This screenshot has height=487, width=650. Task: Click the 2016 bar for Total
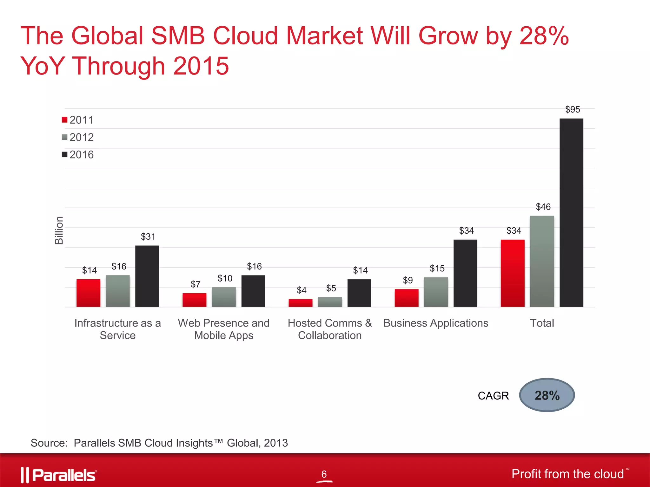pos(571,212)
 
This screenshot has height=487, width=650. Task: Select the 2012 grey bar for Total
pos(542,261)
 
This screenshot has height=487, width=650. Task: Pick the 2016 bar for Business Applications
pos(465,273)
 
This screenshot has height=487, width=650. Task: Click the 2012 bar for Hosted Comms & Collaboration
pos(330,302)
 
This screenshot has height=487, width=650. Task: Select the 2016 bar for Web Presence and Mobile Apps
pos(253,291)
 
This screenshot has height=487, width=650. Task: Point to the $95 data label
pos(573,109)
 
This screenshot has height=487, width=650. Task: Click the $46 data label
pos(543,207)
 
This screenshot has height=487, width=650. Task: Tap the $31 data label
pos(148,237)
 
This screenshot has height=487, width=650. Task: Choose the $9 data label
pos(408,280)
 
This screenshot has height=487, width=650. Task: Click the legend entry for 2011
pos(78,120)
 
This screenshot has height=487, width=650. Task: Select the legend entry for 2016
pos(78,155)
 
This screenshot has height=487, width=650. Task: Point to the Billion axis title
pos(59,230)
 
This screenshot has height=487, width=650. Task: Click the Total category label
pos(542,323)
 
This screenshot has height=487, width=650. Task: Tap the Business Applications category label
pos(436,323)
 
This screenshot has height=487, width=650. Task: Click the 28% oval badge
pos(547,395)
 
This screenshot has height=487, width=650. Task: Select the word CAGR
pos(493,396)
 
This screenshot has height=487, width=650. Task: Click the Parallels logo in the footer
pos(59,475)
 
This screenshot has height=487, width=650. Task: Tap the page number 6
pos(324,474)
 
